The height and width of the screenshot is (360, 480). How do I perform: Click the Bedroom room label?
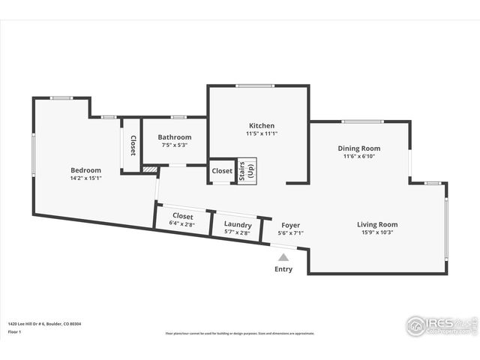85,169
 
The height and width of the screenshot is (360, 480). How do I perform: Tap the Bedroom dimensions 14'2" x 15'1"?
85,178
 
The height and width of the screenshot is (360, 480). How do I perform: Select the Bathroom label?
174,137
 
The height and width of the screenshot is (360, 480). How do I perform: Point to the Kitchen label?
262,125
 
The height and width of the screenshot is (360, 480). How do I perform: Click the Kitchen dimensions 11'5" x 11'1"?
262,134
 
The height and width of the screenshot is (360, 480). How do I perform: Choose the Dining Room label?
358,148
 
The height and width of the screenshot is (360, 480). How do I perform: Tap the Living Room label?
376,224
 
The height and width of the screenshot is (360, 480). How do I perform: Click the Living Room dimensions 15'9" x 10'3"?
376,232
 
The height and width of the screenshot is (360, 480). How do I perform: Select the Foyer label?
290,225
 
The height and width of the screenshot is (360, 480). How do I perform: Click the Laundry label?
237,224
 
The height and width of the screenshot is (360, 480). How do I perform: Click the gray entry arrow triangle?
283,257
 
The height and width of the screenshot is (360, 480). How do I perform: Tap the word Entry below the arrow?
283,269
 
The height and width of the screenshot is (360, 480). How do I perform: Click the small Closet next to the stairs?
222,171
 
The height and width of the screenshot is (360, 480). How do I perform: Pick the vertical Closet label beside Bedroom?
133,145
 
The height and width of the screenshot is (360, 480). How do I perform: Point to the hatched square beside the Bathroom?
150,170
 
